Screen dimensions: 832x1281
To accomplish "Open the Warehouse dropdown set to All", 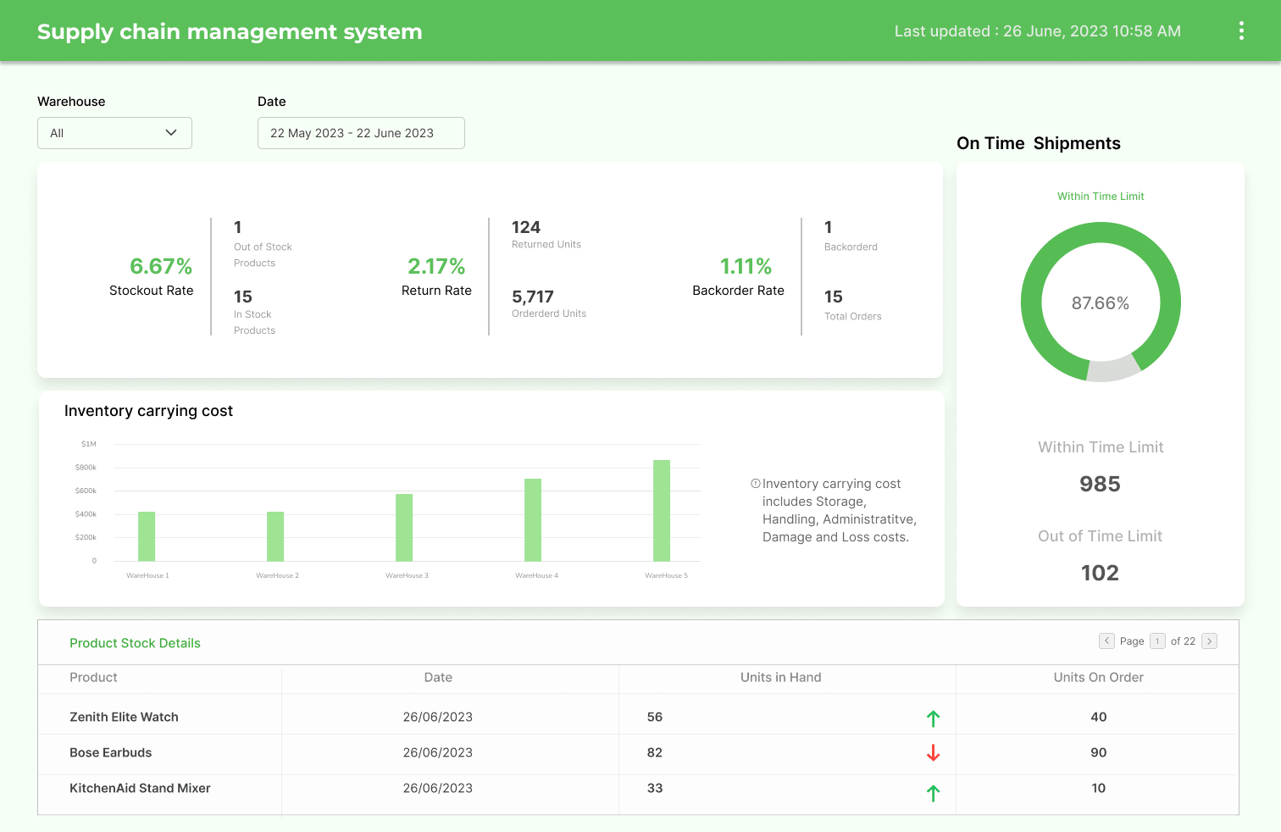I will [x=114, y=133].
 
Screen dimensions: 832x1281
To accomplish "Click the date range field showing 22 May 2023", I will [x=361, y=133].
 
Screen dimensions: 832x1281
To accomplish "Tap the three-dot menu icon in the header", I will [x=1241, y=31].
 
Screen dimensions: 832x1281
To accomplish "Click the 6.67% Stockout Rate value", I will [x=161, y=266].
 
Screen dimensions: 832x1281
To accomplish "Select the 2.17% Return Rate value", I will [x=436, y=266].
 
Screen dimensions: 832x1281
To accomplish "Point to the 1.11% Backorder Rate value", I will [x=746, y=266].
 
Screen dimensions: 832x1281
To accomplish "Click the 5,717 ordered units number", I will [x=533, y=297].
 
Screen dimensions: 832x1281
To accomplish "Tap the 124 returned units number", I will [x=526, y=227].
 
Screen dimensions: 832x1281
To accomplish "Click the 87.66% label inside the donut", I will [x=1100, y=303].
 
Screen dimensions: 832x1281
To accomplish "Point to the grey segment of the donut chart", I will [x=1113, y=369].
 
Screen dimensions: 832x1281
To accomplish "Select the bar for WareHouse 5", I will [x=662, y=510].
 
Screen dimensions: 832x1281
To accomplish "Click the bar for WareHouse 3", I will [x=404, y=527].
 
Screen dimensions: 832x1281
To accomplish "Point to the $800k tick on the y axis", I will [x=86, y=468].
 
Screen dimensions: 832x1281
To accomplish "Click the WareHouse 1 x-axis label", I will [x=147, y=575].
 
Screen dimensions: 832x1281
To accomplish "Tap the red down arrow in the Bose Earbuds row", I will [x=933, y=752].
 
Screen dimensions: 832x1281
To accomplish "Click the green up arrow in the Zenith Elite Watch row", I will [x=933, y=718].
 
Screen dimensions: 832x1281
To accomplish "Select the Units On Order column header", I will [x=1098, y=678].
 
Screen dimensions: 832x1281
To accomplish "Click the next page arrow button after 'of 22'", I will [x=1210, y=641].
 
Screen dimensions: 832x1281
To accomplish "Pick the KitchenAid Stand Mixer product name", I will [x=140, y=788].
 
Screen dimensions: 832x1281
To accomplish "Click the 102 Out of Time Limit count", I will [x=1100, y=573].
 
